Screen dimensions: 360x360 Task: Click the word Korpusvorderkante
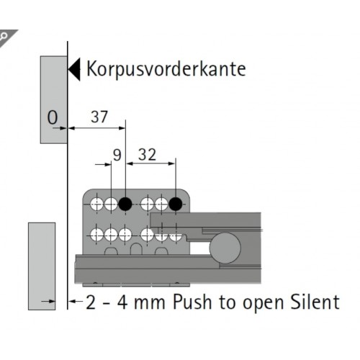coord(166,69)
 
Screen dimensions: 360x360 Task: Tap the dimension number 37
coord(99,117)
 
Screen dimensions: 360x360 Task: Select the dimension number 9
coord(117,155)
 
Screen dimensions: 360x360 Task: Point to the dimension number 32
coord(147,155)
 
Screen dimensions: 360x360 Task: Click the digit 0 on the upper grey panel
coord(53,117)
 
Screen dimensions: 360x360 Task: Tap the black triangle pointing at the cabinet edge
coord(74,69)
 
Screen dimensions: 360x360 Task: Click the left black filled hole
coord(125,204)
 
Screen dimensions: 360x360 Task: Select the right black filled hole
coord(176,204)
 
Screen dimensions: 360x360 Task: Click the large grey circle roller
coord(225,248)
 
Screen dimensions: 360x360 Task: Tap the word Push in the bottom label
coord(192,302)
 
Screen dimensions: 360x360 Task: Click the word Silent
coord(315,302)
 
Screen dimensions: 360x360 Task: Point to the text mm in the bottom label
coord(150,303)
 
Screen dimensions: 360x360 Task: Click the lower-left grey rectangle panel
coord(42,266)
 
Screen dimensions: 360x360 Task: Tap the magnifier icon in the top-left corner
coord(4,37)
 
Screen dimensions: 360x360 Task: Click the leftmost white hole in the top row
coord(96,204)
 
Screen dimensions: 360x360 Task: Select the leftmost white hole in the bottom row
coord(96,235)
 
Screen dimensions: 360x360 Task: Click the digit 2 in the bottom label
coord(91,302)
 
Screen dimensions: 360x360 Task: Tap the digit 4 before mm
coord(122,302)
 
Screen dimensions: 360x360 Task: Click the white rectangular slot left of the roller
coord(199,248)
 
